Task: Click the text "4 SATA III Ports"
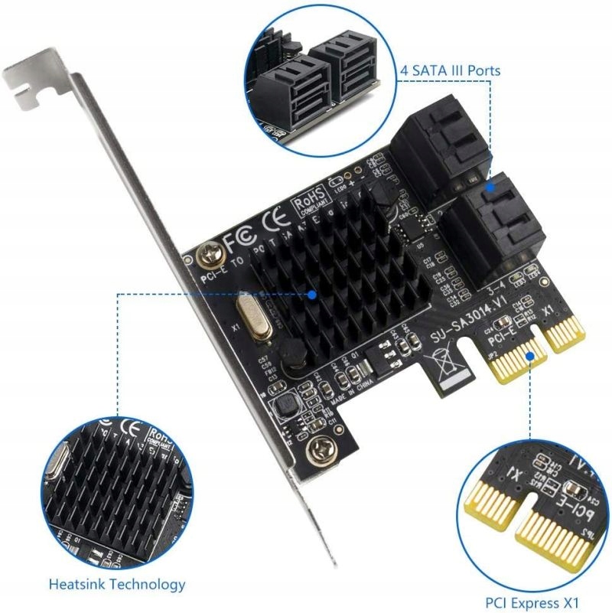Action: coord(451,70)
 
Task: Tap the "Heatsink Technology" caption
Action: coord(117,585)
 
